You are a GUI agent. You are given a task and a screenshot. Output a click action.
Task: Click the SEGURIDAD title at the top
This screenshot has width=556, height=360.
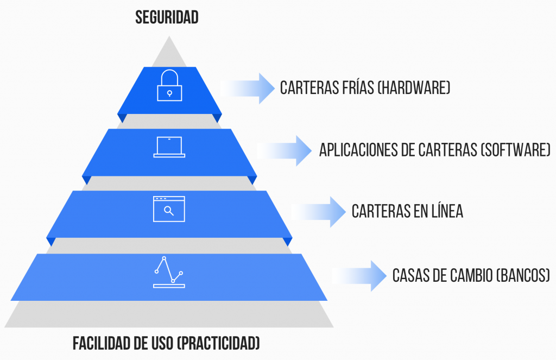(x=167, y=17)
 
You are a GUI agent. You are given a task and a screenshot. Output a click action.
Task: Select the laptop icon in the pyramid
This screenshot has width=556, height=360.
(x=169, y=147)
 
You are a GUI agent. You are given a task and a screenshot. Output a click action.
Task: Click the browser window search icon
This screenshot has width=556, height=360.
(x=169, y=209)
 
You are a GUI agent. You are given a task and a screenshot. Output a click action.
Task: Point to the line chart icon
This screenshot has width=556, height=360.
(x=169, y=272)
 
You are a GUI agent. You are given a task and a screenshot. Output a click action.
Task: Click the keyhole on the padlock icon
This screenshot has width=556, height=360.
(x=169, y=93)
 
